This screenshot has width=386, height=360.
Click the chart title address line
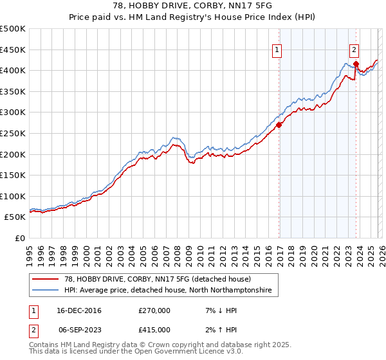click(x=193, y=6)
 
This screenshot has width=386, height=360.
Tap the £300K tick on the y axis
click(x=13, y=113)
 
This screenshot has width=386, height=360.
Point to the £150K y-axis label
click(x=13, y=175)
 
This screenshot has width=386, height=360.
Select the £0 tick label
click(x=19, y=238)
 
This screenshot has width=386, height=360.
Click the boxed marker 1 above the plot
click(x=277, y=50)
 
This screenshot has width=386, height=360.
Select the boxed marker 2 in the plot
click(x=354, y=50)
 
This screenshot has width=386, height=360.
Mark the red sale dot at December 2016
click(x=279, y=125)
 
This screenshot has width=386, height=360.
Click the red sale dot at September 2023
click(x=356, y=64)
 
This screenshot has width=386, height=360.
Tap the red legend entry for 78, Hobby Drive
click(x=157, y=279)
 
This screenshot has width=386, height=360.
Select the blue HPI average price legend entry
click(x=167, y=291)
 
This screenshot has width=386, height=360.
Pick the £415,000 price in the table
click(x=154, y=328)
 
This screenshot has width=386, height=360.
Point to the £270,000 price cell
click(x=154, y=310)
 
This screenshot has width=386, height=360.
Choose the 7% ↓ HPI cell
click(x=219, y=310)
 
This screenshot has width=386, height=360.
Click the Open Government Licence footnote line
click(x=136, y=352)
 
